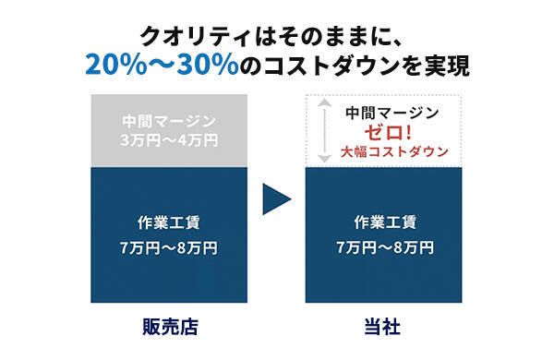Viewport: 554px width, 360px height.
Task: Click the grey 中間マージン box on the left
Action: (x=170, y=129)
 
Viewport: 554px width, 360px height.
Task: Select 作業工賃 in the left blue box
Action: (x=170, y=222)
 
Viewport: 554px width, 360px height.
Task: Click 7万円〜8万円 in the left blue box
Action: (x=170, y=248)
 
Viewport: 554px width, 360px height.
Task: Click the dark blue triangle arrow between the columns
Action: (x=276, y=199)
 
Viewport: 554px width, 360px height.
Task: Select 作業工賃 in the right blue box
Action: (x=384, y=222)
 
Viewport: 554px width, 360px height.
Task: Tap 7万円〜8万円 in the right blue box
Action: (x=384, y=248)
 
